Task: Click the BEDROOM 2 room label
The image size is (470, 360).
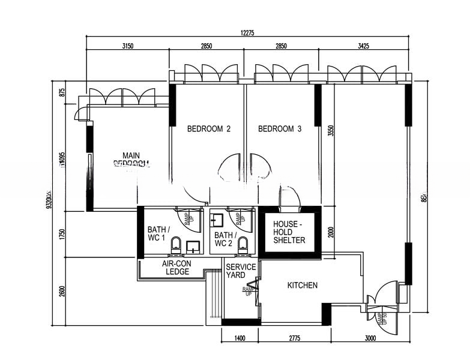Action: tap(209, 128)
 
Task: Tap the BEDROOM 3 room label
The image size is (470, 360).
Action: tap(280, 128)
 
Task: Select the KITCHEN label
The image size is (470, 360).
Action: tap(302, 285)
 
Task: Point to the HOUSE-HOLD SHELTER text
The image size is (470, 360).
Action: tap(289, 232)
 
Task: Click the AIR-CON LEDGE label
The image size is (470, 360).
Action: tap(176, 268)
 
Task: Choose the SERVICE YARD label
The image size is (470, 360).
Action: tap(241, 271)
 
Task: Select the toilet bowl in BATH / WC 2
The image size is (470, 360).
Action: tap(243, 244)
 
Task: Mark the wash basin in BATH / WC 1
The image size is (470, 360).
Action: tap(193, 246)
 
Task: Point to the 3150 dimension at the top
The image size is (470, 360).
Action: tap(127, 46)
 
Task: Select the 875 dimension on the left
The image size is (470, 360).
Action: tap(62, 92)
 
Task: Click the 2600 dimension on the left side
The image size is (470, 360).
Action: tap(62, 291)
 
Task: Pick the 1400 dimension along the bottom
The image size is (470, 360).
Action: tap(240, 339)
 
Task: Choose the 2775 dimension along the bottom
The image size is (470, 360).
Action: tap(294, 339)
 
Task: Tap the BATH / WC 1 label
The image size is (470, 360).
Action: tap(158, 233)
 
